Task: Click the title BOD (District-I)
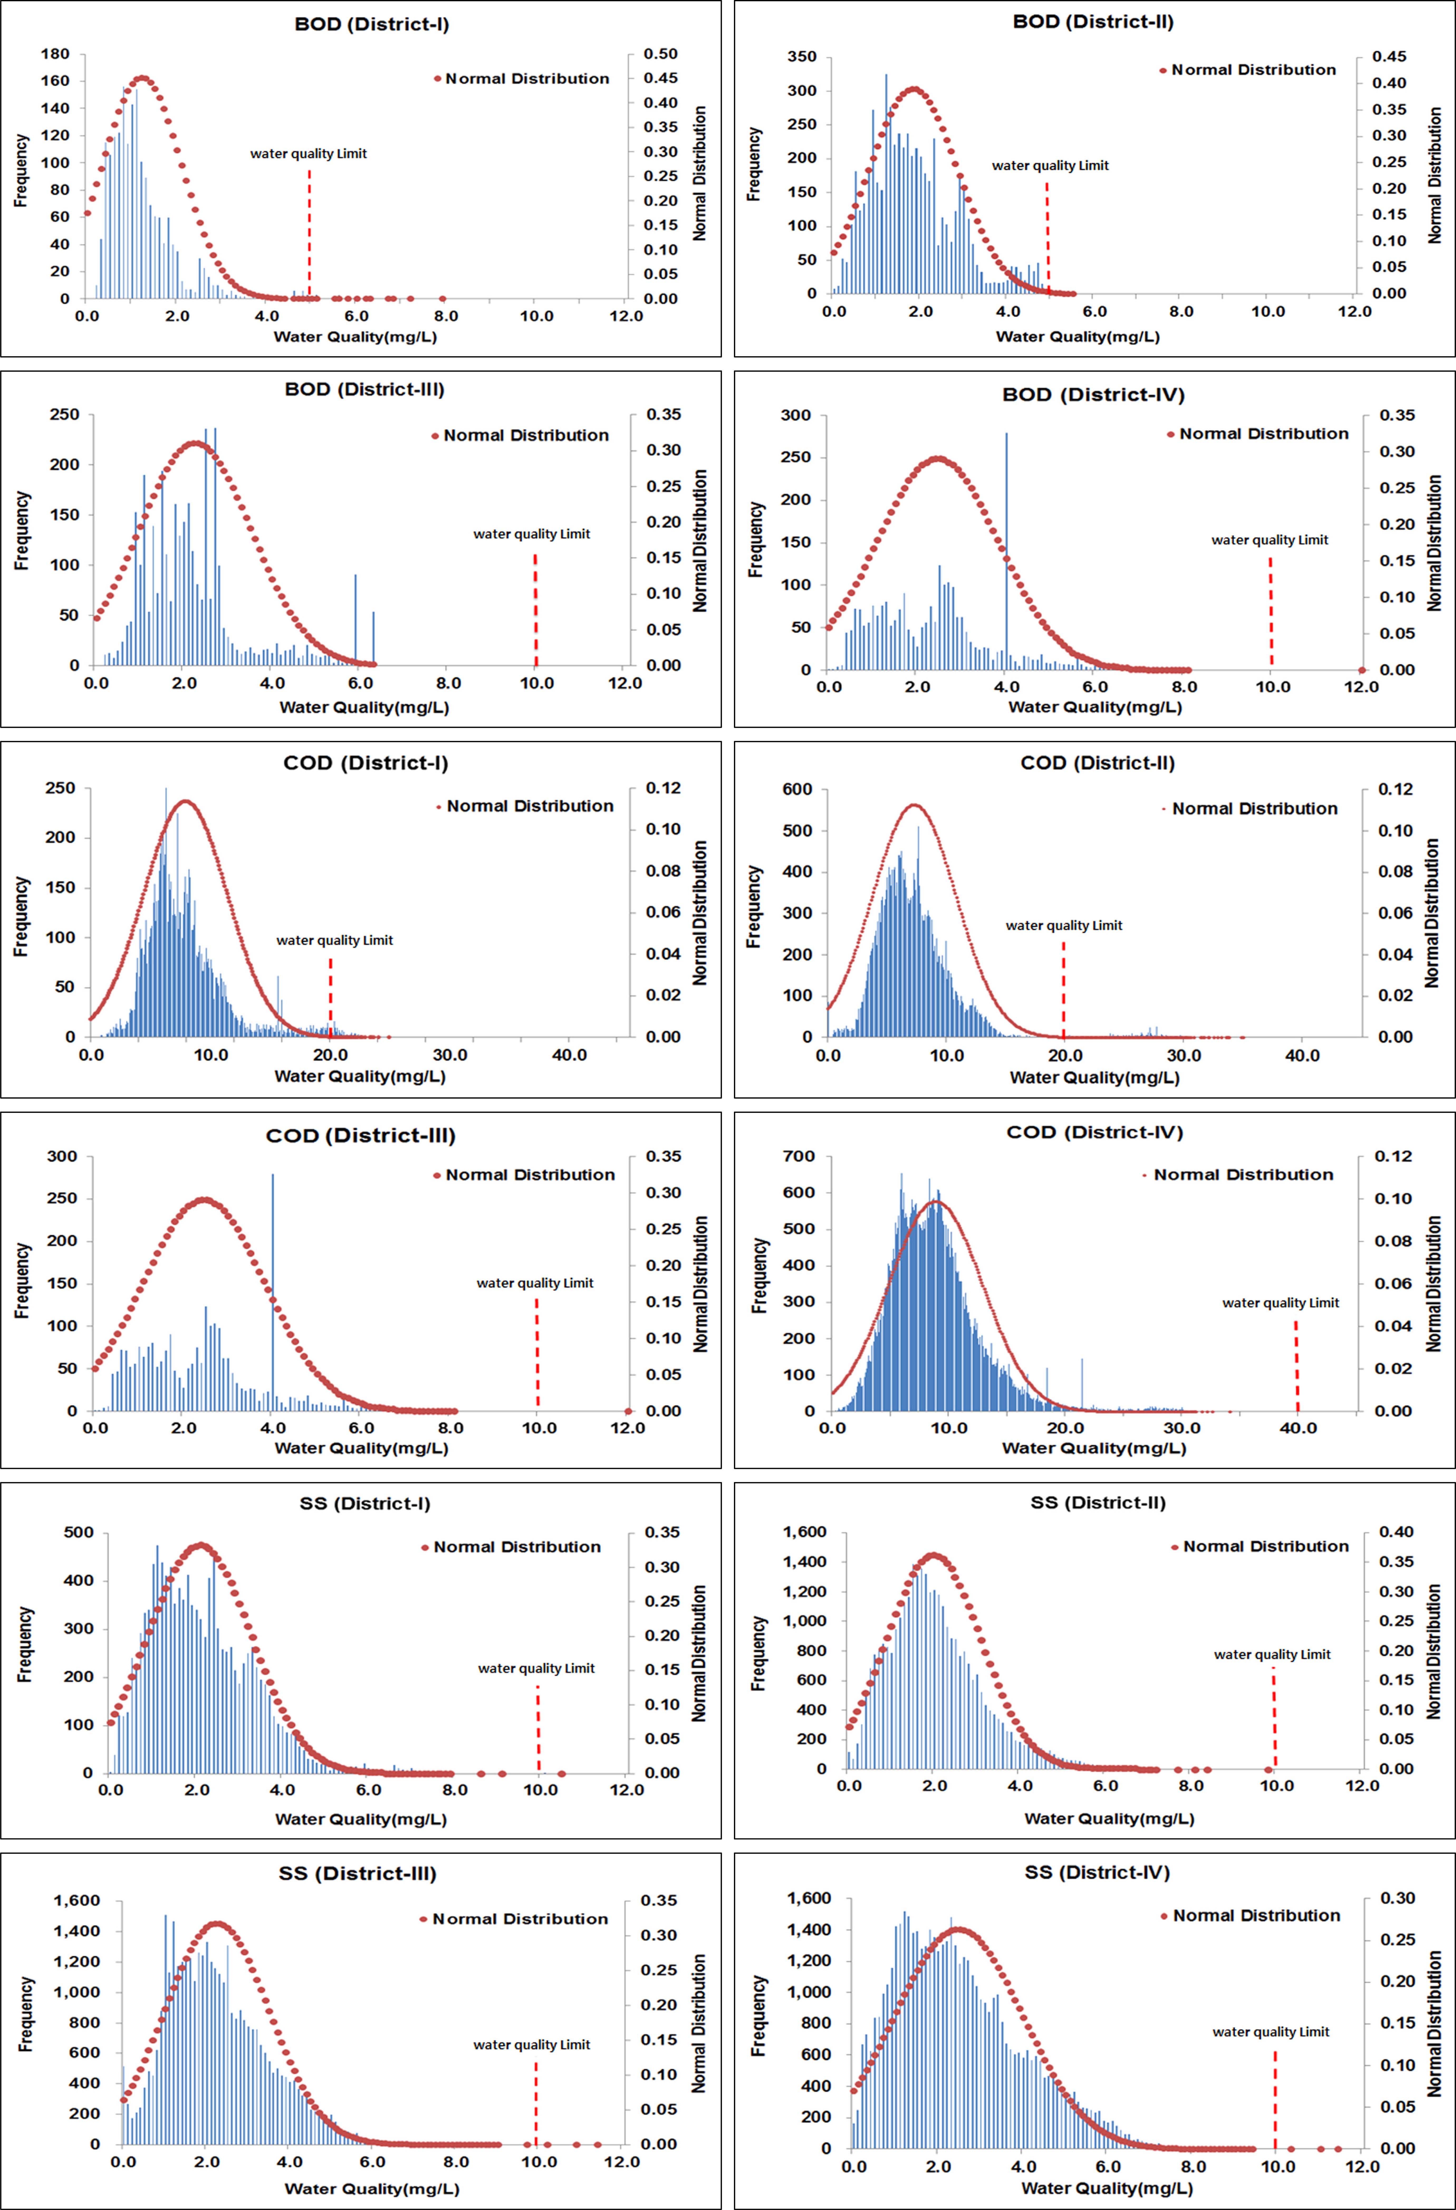pos(371,24)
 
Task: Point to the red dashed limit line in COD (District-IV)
pos(1296,1365)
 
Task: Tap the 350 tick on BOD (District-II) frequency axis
pos(801,57)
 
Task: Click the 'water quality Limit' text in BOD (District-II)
pos(1050,165)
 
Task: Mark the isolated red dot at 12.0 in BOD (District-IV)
pos(1362,670)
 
